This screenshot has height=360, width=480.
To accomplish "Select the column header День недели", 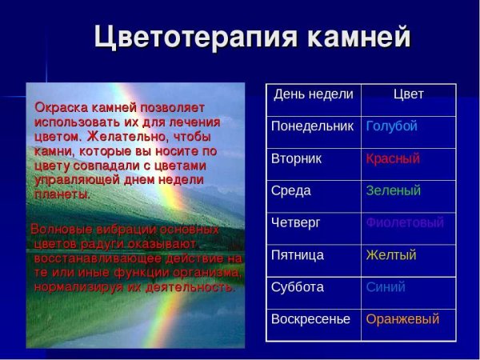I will point(314,94).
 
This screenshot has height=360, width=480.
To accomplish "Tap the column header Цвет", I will point(408,94).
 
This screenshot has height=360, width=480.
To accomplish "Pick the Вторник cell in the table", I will point(297,158).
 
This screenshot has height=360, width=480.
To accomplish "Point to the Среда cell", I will point(291,190).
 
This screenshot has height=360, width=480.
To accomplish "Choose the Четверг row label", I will point(295,222).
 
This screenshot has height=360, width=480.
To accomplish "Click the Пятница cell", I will point(298,255).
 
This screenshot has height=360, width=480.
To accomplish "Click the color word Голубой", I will point(391,126).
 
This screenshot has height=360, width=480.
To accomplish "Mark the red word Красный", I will point(393,158).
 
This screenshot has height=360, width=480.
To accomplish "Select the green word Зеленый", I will point(393,190).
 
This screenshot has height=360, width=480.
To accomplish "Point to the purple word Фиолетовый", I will point(404,222).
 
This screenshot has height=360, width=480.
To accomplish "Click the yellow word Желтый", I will point(390,255).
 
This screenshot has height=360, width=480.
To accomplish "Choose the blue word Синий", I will point(386,286).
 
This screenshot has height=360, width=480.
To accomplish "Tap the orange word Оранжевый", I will point(402,318).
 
